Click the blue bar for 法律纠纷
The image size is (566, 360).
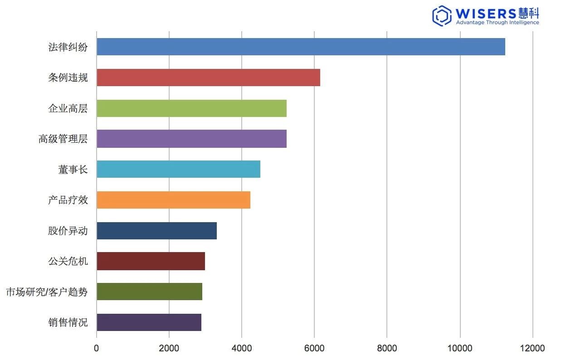coord(301,47)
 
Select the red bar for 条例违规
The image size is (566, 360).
coord(208,78)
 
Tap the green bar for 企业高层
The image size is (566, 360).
coord(191,108)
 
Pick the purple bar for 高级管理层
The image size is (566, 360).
coord(191,139)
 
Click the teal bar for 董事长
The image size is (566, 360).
coord(178,169)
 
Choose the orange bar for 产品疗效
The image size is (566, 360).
coord(173,200)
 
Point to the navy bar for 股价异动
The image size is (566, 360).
coord(156,231)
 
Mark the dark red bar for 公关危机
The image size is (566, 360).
coord(151,261)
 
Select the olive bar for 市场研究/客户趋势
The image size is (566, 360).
coord(149,292)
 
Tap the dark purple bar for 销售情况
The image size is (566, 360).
coord(149,322)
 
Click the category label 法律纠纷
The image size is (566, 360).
coord(68,47)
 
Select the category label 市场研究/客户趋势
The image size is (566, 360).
coord(47,292)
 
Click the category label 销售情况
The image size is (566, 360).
coord(68,323)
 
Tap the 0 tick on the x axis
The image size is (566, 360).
coord(97,348)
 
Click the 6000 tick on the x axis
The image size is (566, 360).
coord(314,348)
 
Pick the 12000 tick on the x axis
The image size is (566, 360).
coord(532,348)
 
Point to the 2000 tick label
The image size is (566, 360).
coord(169,348)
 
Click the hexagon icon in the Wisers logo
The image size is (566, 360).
coord(442,15)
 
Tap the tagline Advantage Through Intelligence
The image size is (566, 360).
coord(497,23)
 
